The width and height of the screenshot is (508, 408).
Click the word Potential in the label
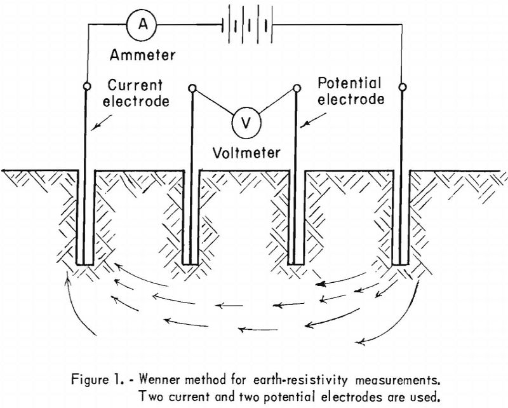tap(349, 83)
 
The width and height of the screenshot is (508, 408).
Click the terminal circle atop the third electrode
tap(297, 88)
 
